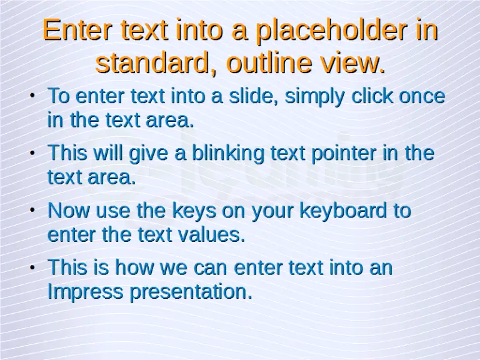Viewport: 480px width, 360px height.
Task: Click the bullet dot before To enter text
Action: click(32, 96)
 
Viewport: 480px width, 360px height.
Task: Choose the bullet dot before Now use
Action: click(32, 211)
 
